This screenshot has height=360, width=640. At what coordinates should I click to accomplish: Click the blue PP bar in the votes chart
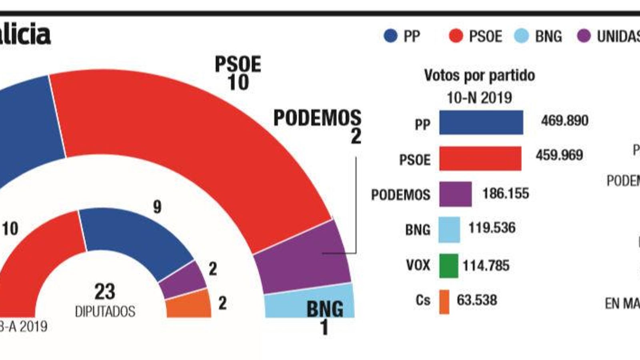481,122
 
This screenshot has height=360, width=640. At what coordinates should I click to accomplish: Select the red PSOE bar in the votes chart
480,158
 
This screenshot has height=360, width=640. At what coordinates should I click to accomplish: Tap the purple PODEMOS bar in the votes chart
455,194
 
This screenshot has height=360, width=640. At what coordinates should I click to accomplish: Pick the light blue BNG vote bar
449,230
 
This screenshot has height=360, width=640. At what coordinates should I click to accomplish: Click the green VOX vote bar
448,266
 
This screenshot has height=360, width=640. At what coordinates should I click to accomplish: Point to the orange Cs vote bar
444,302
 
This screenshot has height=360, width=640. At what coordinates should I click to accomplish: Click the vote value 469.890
564,120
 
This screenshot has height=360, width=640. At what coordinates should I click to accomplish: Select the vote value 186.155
506,194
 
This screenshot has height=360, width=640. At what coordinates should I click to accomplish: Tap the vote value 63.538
477,300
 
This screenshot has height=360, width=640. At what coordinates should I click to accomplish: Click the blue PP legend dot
390,36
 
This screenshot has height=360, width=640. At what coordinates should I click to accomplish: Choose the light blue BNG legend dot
521,36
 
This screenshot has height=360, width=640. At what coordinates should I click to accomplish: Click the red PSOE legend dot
456,36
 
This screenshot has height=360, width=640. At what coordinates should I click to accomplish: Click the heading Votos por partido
479,75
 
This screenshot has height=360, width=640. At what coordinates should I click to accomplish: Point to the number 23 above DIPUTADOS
105,292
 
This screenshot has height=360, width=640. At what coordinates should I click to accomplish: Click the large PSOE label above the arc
238,64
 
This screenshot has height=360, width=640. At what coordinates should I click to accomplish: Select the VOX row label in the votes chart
418,265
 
